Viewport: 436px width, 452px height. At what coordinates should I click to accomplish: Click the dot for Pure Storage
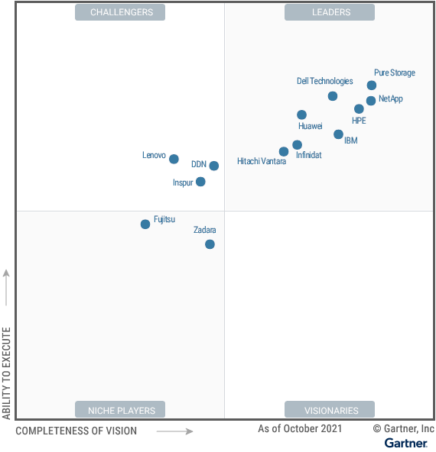372,86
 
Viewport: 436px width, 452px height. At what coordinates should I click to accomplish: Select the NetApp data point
371,101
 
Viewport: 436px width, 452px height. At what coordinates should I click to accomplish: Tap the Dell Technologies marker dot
333,96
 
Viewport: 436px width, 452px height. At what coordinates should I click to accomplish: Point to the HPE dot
359,109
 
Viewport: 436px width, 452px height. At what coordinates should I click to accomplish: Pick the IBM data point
338,134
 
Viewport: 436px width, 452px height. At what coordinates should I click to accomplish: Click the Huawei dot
302,115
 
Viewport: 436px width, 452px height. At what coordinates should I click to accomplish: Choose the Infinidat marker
297,145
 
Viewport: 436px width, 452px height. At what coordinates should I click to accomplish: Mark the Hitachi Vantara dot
284,152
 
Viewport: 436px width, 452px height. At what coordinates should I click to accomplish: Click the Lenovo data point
174,160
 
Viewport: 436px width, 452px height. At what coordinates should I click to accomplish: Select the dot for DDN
214,166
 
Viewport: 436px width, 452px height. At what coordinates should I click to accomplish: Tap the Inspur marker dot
200,182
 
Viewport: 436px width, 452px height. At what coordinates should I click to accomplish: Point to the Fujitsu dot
145,224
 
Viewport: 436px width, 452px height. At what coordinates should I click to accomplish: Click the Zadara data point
210,244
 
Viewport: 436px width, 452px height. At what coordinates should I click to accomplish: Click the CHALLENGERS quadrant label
121,12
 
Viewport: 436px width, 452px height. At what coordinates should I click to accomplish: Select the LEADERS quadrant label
330,12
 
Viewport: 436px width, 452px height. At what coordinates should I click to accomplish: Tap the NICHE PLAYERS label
121,410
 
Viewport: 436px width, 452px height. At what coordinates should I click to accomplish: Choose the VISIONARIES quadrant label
330,410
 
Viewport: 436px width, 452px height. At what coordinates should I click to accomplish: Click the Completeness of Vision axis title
76,431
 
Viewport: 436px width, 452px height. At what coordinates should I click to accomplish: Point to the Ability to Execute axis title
7,373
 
